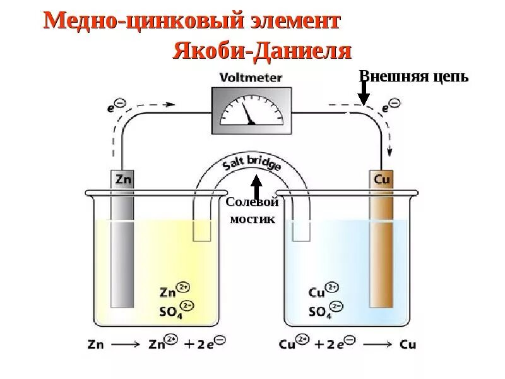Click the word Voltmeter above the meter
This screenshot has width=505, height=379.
251,78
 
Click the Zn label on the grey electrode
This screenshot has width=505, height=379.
123,179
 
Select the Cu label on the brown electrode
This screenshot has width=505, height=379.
382,179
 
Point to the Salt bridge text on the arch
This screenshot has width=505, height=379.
251,166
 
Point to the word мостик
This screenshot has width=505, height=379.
252,219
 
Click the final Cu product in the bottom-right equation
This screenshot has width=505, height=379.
408,345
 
